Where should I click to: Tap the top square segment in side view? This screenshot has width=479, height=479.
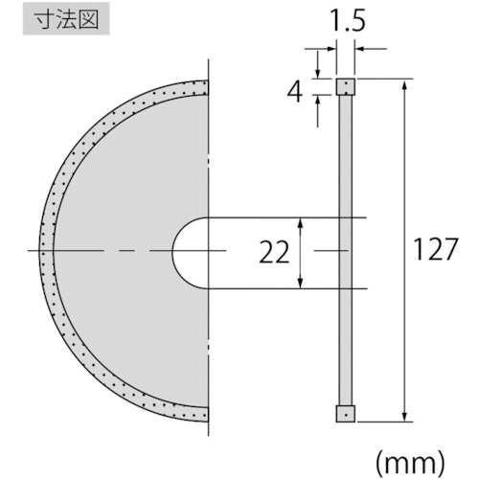pos(345,87)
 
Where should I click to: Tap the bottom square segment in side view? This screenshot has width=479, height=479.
pos(345,414)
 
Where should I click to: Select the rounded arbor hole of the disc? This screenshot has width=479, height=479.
pos(190,252)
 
